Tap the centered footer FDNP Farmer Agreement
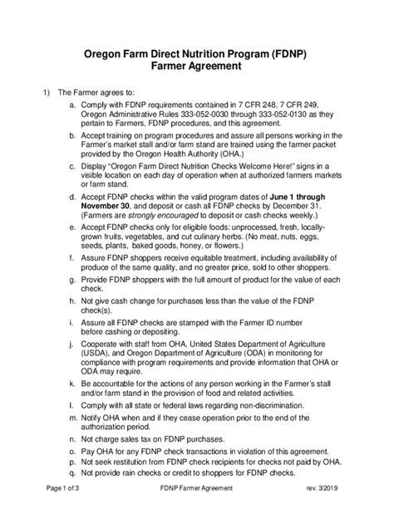(x=197, y=511)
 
